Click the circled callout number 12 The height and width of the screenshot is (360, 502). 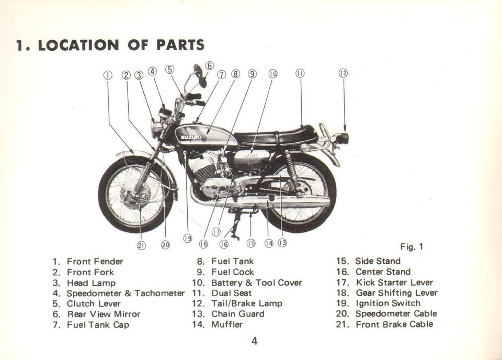pyautogui.click(x=343, y=73)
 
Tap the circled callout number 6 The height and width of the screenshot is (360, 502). pyautogui.click(x=209, y=66)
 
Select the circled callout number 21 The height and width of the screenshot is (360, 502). pyautogui.click(x=141, y=245)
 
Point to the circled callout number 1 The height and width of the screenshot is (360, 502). pyautogui.click(x=108, y=75)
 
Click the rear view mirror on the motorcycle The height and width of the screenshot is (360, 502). pyautogui.click(x=198, y=70)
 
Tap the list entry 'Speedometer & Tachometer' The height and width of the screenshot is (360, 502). pyautogui.click(x=125, y=293)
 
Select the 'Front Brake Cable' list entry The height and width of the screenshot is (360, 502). pyautogui.click(x=394, y=324)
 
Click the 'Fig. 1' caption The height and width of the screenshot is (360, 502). pyautogui.click(x=412, y=246)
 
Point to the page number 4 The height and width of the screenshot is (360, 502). pyautogui.click(x=254, y=342)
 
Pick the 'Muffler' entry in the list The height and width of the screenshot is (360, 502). pyautogui.click(x=227, y=324)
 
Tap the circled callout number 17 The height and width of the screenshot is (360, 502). pyautogui.click(x=215, y=232)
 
